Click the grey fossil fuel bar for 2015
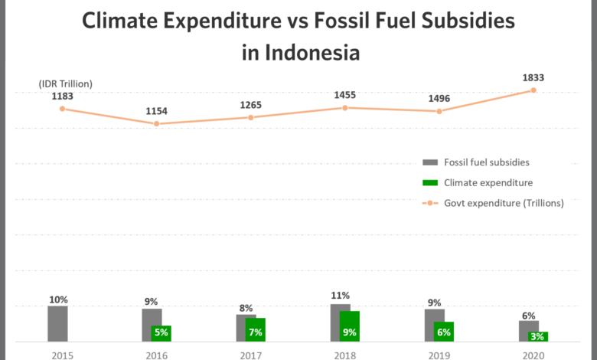pyautogui.click(x=57, y=324)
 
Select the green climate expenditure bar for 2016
pyautogui.click(x=161, y=334)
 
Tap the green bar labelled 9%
pyautogui.click(x=350, y=326)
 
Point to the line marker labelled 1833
pyautogui.click(x=533, y=90)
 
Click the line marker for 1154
pyautogui.click(x=156, y=124)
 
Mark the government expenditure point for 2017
pyautogui.click(x=250, y=118)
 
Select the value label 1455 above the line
pyautogui.click(x=345, y=95)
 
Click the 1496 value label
pyautogui.click(x=439, y=99)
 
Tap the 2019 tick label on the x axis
pyautogui.click(x=439, y=356)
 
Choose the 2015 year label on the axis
pyautogui.click(x=63, y=356)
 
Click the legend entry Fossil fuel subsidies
pyautogui.click(x=476, y=162)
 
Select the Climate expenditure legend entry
pyautogui.click(x=478, y=183)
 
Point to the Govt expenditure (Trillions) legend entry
pyautogui.click(x=493, y=203)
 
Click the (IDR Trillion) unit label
pyautogui.click(x=66, y=83)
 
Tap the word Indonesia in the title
pyautogui.click(x=312, y=53)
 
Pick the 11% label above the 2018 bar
pyautogui.click(x=340, y=296)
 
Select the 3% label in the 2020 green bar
pyautogui.click(x=537, y=336)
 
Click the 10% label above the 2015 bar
pyautogui.click(x=58, y=299)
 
